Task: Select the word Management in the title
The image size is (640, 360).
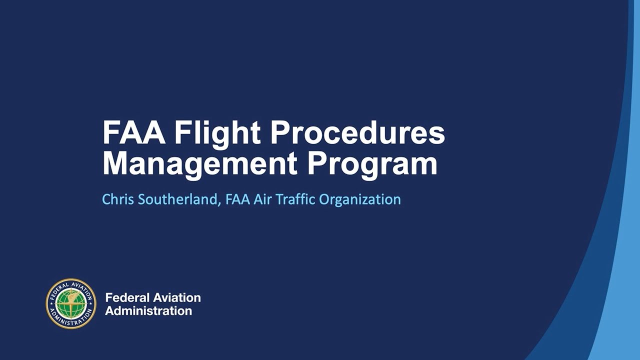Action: pyautogui.click(x=200, y=163)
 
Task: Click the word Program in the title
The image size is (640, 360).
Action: pyautogui.click(x=372, y=163)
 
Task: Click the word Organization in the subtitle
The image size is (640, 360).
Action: pyautogui.click(x=360, y=199)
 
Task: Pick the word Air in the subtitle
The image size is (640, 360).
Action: pyautogui.click(x=261, y=199)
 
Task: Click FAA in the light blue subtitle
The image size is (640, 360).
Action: pyautogui.click(x=237, y=199)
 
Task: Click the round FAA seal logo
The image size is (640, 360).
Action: pyautogui.click(x=71, y=303)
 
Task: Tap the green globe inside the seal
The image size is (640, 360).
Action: pyautogui.click(x=71, y=303)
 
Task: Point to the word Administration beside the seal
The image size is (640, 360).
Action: pyautogui.click(x=148, y=310)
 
